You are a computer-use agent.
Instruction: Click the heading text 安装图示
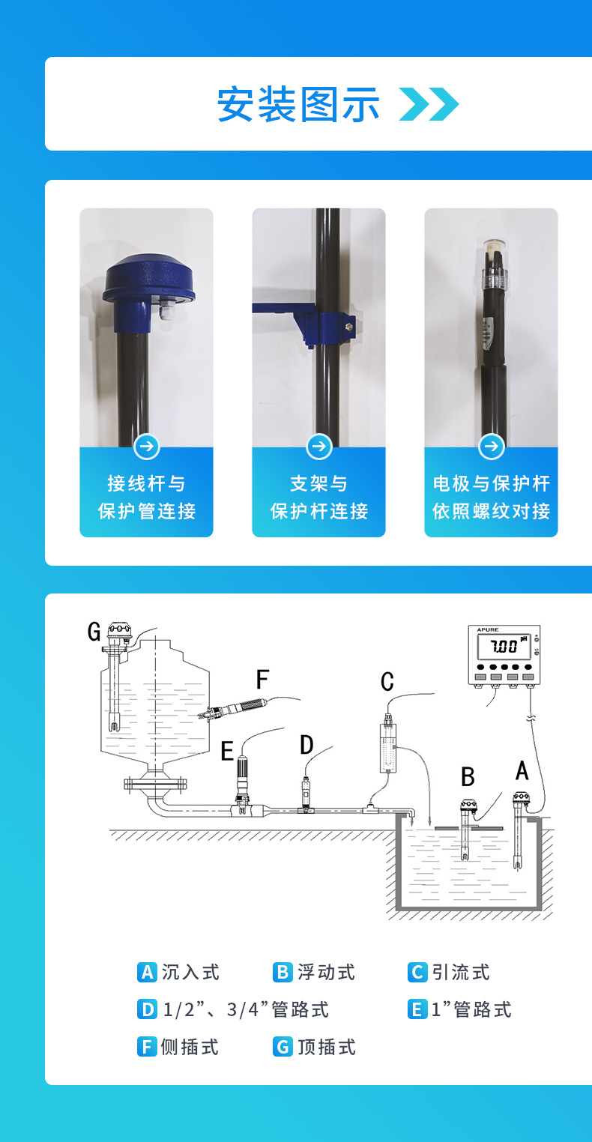(x=298, y=104)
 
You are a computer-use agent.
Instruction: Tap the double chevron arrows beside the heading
(x=429, y=104)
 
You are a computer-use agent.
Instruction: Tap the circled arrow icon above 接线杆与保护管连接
(x=147, y=447)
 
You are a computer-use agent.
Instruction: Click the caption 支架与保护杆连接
(x=319, y=497)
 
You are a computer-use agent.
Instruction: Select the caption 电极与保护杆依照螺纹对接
(x=492, y=497)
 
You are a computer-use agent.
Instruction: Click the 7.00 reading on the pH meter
(x=504, y=647)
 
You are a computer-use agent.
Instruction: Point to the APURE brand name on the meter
(x=488, y=629)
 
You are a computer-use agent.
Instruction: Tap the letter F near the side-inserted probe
(x=262, y=679)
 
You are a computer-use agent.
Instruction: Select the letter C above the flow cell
(x=387, y=681)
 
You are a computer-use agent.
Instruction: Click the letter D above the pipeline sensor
(x=306, y=745)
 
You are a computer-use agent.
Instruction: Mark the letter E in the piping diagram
(x=227, y=752)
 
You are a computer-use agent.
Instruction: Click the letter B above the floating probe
(x=468, y=777)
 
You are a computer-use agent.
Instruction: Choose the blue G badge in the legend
(x=283, y=1047)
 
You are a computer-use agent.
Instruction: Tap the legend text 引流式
(x=461, y=972)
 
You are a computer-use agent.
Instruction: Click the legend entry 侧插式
(x=190, y=1047)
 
